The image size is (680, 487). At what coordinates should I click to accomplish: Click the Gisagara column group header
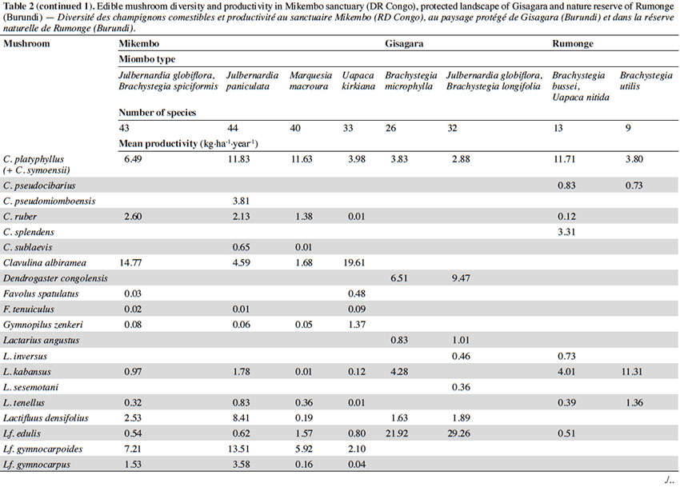pyautogui.click(x=404, y=44)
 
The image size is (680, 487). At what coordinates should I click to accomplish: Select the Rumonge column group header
pyautogui.click(x=573, y=44)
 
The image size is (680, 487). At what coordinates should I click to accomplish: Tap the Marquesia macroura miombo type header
pyautogui.click(x=310, y=81)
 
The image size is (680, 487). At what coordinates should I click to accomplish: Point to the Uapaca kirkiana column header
pyautogui.click(x=358, y=81)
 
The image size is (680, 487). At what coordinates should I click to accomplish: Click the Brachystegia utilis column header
pyautogui.click(x=646, y=81)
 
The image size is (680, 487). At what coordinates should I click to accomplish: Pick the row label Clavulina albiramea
pyautogui.click(x=45, y=263)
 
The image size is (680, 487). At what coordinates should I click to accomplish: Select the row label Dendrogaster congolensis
pyautogui.click(x=55, y=278)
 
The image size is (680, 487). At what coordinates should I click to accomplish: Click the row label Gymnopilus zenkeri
pyautogui.click(x=43, y=325)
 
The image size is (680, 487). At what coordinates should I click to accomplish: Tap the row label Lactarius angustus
pyautogui.click(x=41, y=341)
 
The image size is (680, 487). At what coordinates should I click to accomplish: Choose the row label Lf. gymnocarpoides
pyautogui.click(x=42, y=449)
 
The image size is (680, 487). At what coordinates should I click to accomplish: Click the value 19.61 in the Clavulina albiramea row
pyautogui.click(x=354, y=263)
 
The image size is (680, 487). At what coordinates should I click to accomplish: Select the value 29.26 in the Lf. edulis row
pyautogui.click(x=459, y=433)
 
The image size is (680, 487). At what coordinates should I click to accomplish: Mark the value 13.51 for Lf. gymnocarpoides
pyautogui.click(x=239, y=449)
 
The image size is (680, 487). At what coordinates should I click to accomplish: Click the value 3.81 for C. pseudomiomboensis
pyautogui.click(x=241, y=202)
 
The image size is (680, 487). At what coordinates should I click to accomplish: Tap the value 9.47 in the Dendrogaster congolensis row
pyautogui.click(x=461, y=278)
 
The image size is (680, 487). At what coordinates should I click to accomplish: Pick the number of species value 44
pyautogui.click(x=233, y=128)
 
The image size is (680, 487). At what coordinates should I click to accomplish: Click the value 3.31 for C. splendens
pyautogui.click(x=566, y=232)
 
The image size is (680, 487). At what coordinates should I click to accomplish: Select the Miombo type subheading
pyautogui.click(x=147, y=59)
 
